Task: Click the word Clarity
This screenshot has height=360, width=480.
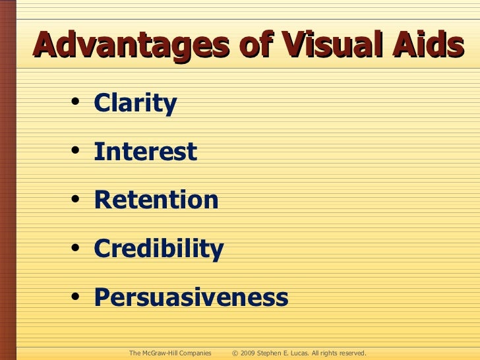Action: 135,104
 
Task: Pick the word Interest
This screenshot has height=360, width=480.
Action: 145,152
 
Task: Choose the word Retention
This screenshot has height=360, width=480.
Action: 156,200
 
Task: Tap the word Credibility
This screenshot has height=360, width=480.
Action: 158,249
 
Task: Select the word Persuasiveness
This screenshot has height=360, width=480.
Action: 191,297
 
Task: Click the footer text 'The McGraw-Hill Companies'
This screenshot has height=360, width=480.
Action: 170,353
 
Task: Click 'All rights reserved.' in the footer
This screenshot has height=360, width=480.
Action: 340,353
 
